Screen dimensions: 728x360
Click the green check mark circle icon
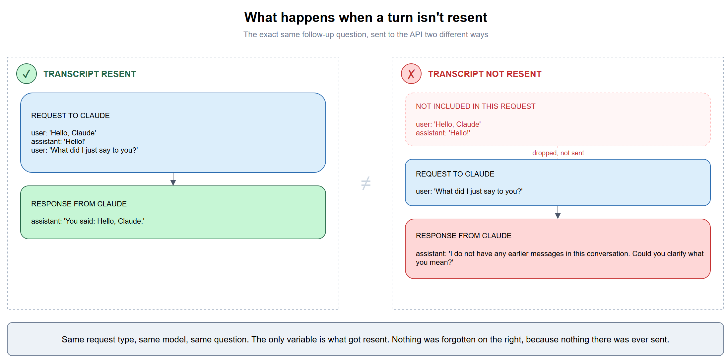pos(27,74)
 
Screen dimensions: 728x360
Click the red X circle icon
pos(411,74)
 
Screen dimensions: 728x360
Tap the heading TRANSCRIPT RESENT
pos(90,74)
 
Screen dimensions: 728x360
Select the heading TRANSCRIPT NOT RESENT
pos(485,74)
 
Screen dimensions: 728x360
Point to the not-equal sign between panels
pos(365,183)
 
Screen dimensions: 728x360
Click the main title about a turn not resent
pos(365,17)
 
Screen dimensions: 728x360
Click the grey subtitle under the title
pos(365,35)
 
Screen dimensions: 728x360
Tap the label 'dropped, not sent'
pos(558,153)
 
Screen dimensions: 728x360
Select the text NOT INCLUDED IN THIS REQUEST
pos(476,106)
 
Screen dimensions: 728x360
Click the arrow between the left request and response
pos(173,179)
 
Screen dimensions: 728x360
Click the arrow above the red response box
pos(558,212)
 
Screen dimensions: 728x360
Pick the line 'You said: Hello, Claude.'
pos(88,221)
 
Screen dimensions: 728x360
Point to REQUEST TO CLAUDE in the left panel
pos(70,115)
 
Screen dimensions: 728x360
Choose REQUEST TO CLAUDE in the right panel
pos(455,174)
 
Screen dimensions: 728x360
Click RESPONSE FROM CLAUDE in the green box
pos(79,204)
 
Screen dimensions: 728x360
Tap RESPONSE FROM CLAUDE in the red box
pos(464,236)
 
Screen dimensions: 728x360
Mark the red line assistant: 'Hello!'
pos(443,133)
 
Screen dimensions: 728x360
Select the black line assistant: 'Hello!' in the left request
pos(58,142)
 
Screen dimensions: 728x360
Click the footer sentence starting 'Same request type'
pos(365,339)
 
